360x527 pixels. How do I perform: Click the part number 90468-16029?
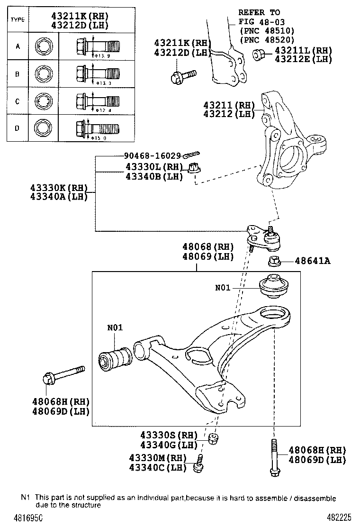click(x=153, y=155)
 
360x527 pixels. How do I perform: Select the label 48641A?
click(x=313, y=260)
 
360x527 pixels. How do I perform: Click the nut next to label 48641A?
click(x=274, y=260)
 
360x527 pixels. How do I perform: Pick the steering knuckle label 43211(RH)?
click(x=229, y=105)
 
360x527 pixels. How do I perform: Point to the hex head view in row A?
click(x=43, y=46)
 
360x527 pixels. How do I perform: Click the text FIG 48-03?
click(x=259, y=22)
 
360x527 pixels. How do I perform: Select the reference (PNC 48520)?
click(x=267, y=40)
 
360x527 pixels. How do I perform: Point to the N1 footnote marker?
click(x=25, y=498)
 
